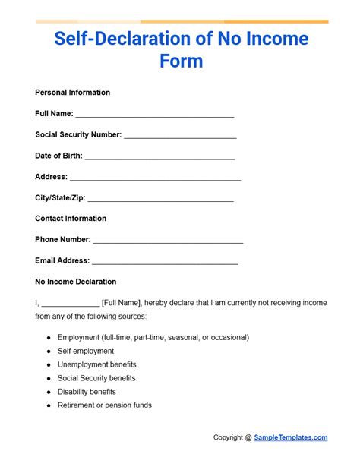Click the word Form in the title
[181, 60]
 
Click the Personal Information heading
[72, 93]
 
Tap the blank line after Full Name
[155, 116]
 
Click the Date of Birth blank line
[160, 158]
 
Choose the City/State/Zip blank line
[160, 200]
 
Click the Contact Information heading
[71, 219]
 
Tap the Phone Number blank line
[168, 242]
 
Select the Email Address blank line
[165, 263]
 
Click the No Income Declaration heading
[75, 282]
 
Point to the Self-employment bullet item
[85, 351]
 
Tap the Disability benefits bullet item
[87, 392]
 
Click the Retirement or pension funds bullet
[104, 405]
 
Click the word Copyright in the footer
[229, 437]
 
